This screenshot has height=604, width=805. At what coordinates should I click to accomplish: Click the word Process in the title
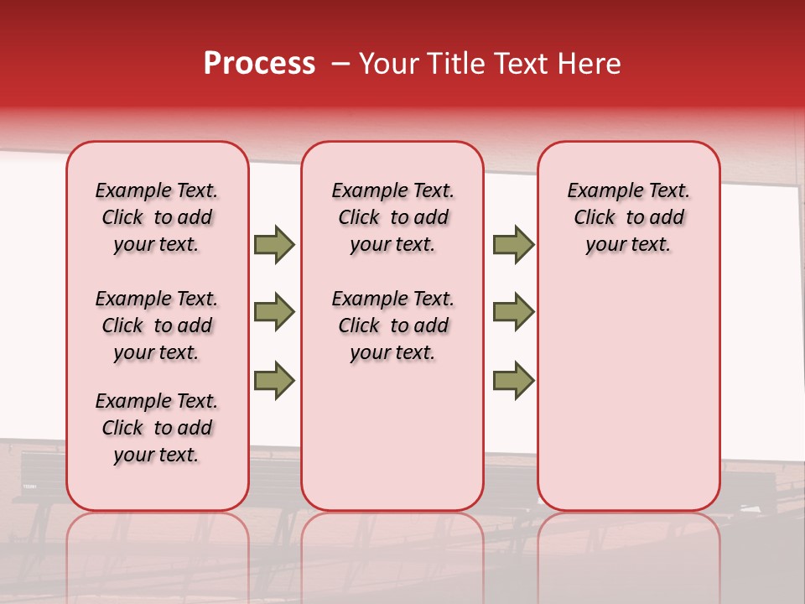[259, 64]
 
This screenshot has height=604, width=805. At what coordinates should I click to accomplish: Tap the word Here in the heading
[589, 64]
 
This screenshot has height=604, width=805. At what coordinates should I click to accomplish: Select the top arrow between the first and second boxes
[274, 245]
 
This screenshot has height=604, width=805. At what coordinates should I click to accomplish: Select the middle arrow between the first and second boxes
[274, 312]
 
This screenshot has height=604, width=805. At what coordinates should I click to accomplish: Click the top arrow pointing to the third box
[513, 245]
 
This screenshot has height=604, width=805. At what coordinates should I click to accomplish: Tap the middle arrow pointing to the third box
[513, 312]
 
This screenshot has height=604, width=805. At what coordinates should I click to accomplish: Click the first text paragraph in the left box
[157, 217]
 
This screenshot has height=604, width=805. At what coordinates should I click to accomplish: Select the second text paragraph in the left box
[157, 325]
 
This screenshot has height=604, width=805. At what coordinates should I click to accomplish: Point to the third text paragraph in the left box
[157, 428]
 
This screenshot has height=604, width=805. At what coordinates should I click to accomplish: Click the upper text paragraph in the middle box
[392, 217]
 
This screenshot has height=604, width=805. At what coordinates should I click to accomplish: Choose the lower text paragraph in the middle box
[392, 325]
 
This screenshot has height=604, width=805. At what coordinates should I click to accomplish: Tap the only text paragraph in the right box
[628, 217]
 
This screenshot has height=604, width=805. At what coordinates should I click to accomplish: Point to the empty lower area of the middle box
[392, 436]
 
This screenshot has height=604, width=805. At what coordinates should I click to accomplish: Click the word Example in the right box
[598, 191]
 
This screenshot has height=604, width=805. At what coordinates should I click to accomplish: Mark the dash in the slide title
[340, 65]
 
